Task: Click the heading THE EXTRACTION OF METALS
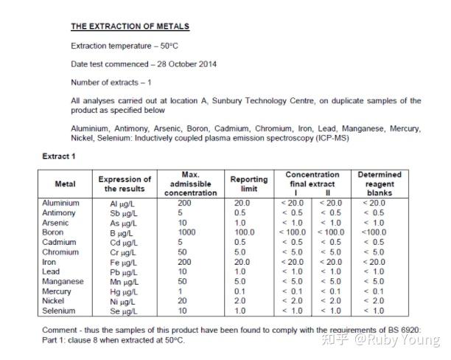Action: coord(130,27)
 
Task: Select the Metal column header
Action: coord(66,184)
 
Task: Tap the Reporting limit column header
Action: coord(249,184)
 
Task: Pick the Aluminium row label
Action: coord(60,203)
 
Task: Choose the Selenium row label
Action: coord(60,311)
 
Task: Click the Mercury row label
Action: coord(59,291)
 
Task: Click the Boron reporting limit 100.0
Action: coord(244,232)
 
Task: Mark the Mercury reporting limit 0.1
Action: coord(240,291)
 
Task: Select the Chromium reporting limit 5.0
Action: coord(240,252)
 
